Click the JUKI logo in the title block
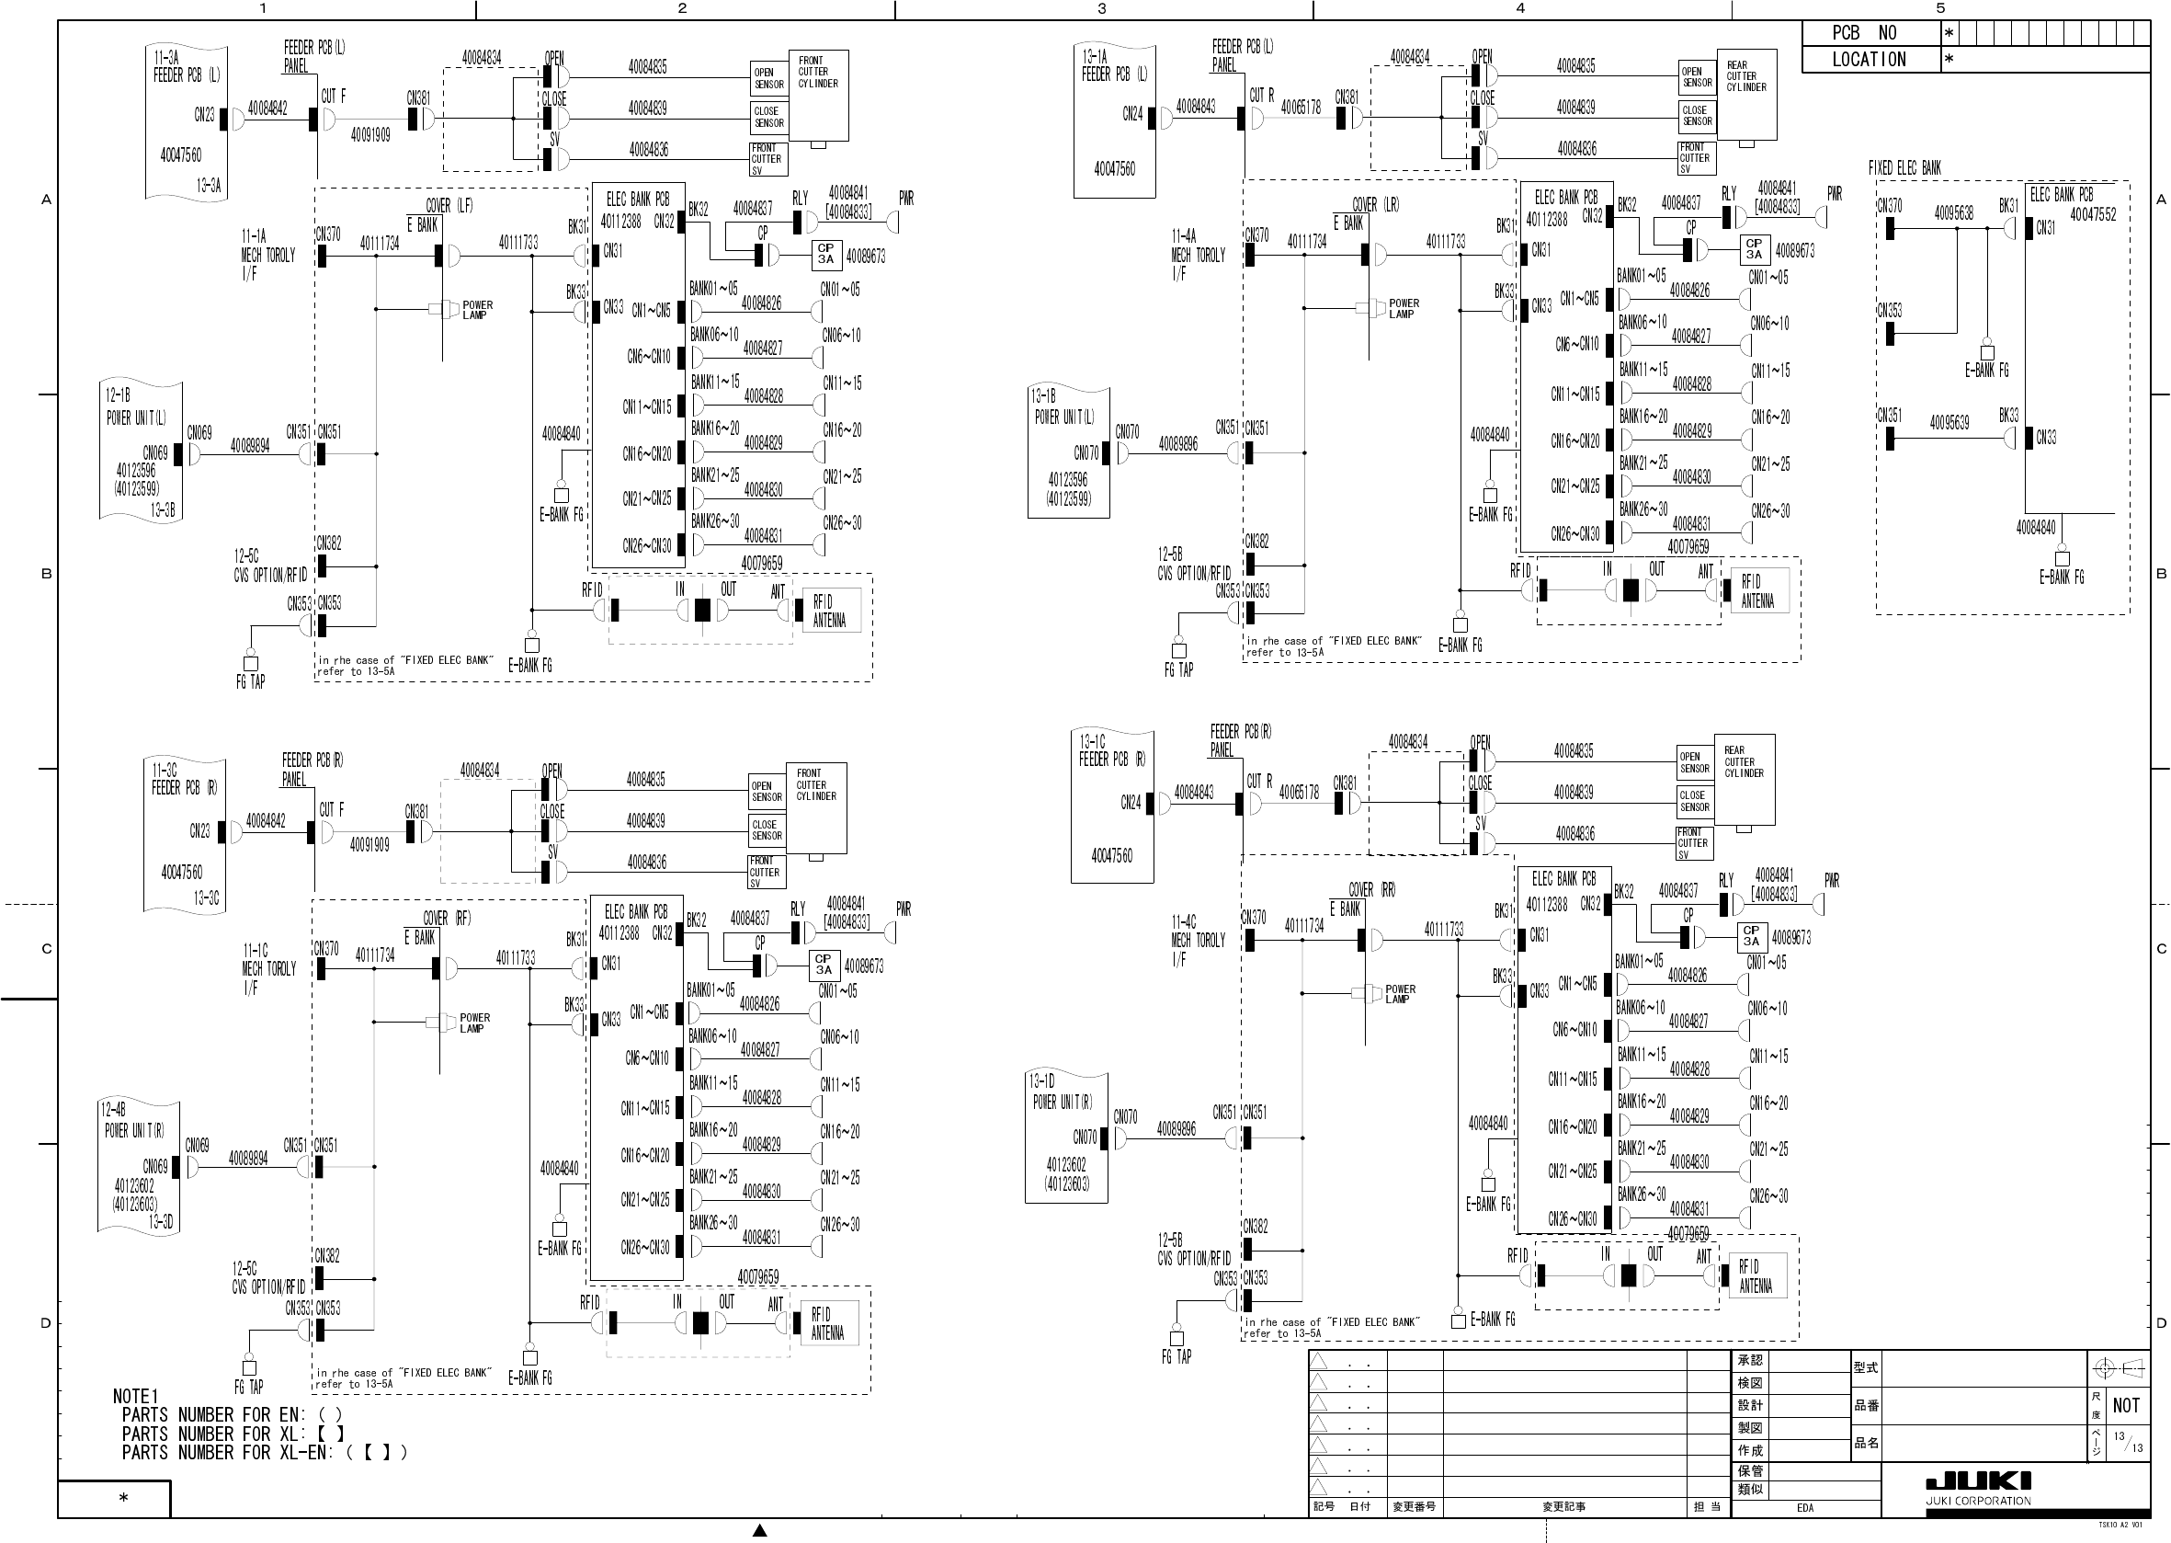tap(1978, 1482)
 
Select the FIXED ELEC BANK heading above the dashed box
tap(1904, 168)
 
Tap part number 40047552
tap(2093, 215)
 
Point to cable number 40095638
tap(1953, 212)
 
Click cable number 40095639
tap(1949, 423)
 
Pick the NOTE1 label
tap(136, 1397)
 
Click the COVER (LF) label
tap(449, 205)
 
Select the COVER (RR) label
tap(1372, 890)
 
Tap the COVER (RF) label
tap(447, 919)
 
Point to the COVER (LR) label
tap(1375, 204)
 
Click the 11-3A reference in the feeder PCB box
tap(166, 58)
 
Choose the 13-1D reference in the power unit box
tap(1041, 1081)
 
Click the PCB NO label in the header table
tap(1863, 33)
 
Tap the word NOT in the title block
tap(2125, 1406)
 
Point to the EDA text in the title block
tap(1804, 1508)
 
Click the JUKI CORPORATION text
tap(1978, 1502)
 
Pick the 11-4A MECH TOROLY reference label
tap(1183, 235)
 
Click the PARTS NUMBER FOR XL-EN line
tap(264, 1452)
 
